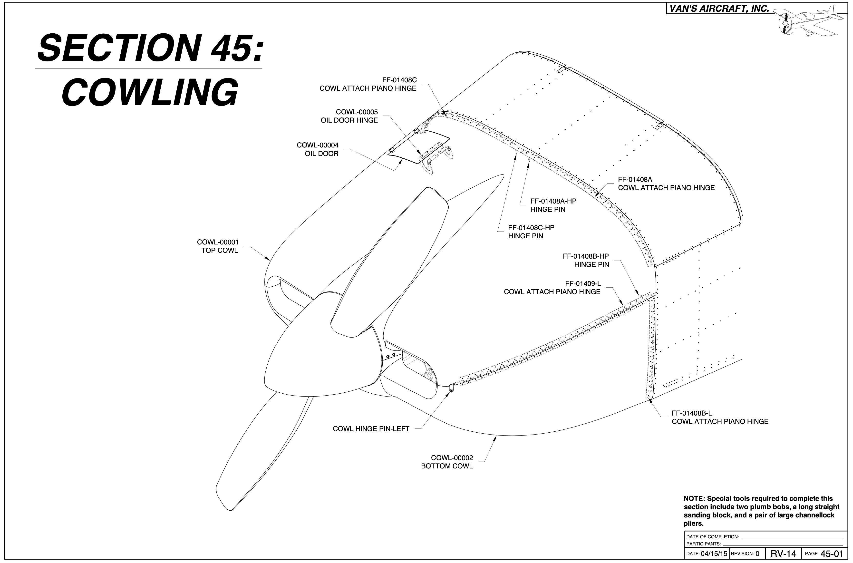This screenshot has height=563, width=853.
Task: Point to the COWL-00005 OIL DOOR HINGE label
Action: (x=349, y=116)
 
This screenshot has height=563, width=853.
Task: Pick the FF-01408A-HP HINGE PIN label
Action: (x=553, y=205)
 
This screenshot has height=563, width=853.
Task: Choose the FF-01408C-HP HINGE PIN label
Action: (x=531, y=232)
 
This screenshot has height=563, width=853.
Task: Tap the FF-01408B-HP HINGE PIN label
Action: (x=586, y=260)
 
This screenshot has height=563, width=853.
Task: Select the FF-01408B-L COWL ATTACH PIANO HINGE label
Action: (x=719, y=417)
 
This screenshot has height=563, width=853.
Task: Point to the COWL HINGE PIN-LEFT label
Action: (x=371, y=429)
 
